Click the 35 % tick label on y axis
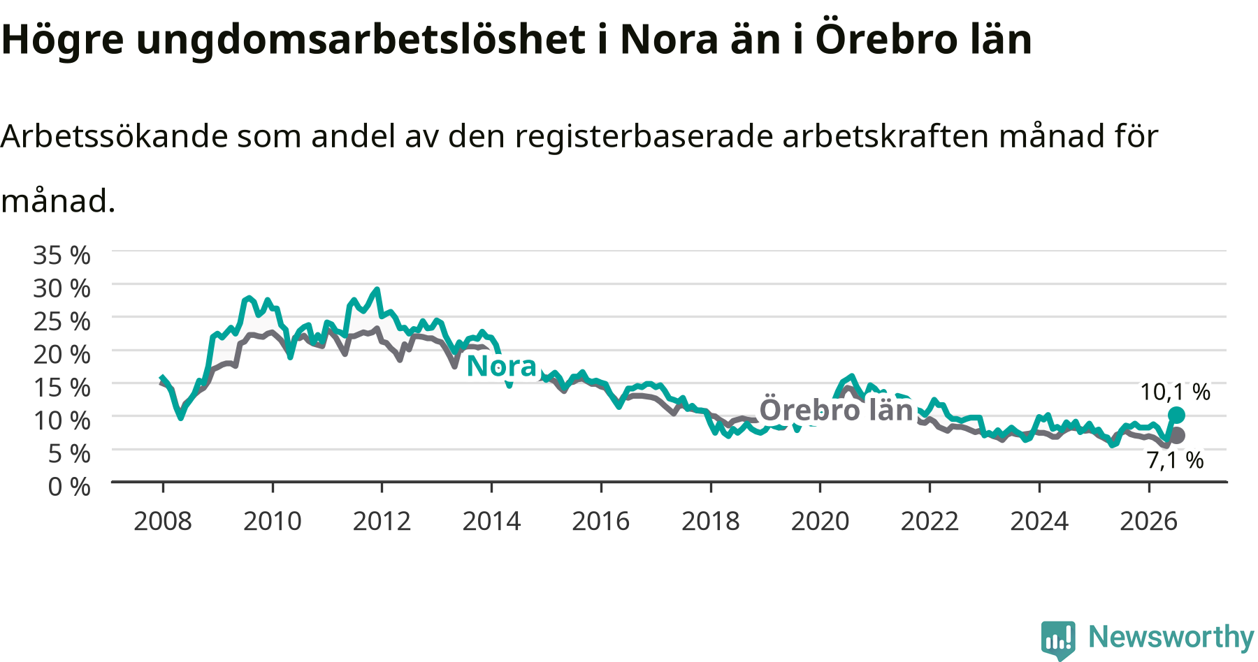coord(62,255)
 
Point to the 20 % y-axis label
coord(62,354)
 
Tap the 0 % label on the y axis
coord(69,486)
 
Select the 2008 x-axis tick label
coord(163,521)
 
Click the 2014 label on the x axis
coord(491,521)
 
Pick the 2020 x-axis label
coord(820,521)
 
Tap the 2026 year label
coord(1149,521)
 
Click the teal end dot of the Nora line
coord(1176,415)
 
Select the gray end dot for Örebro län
coord(1177,435)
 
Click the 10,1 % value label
coord(1176,392)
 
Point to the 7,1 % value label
coord(1176,460)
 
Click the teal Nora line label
coord(501,366)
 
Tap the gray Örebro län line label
coord(837,410)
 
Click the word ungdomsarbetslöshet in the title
coord(361,40)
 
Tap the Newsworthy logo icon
coord(1058,638)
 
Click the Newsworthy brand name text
coord(1171,637)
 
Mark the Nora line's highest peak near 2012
coord(377,289)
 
